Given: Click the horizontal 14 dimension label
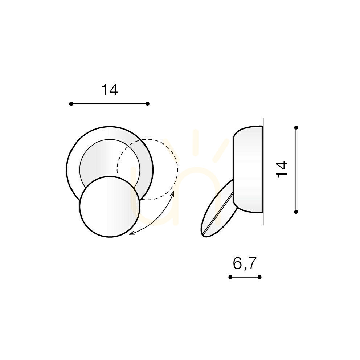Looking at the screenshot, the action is tap(110, 90).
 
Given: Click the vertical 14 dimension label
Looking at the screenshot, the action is tap(282, 169).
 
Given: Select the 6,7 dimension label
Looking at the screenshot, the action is tap(245, 263).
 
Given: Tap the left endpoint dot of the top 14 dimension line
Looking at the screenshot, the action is tap(71, 104).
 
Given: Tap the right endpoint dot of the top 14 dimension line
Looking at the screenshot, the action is tap(148, 104).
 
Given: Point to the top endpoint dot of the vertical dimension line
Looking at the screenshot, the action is tap(296, 127).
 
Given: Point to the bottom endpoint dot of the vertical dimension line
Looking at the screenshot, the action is tap(296, 212).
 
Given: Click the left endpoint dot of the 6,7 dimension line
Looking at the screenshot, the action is tap(230, 277).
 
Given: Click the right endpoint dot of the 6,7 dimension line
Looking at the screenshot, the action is tap(260, 277).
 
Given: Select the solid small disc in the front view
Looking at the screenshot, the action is tap(110, 206).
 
